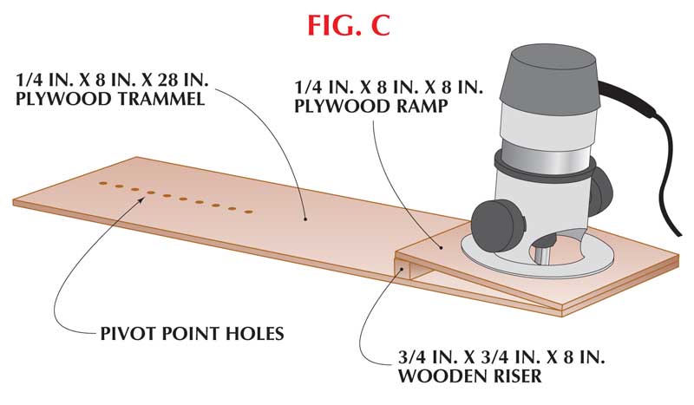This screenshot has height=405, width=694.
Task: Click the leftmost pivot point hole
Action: (102, 185)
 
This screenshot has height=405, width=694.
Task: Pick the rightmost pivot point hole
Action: (249, 211)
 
